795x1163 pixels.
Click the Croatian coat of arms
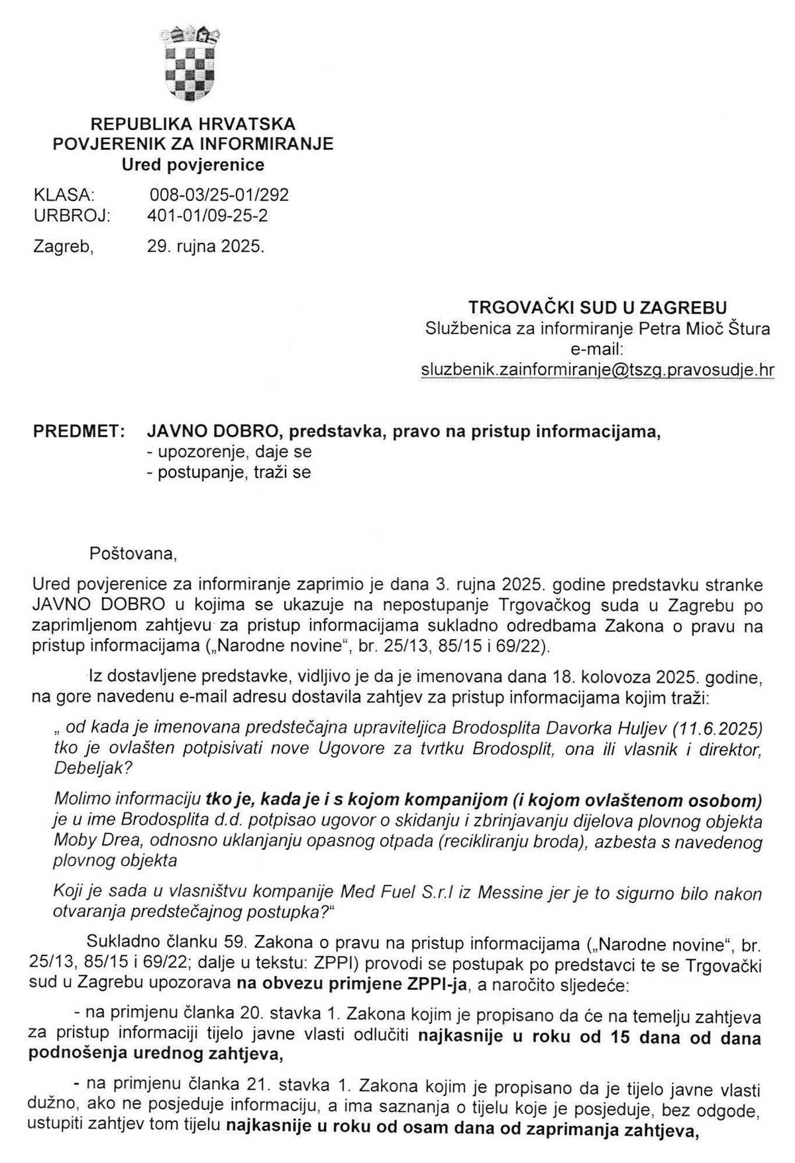(x=191, y=63)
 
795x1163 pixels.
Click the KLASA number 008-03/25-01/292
(x=219, y=195)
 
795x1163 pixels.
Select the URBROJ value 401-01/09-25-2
(x=207, y=215)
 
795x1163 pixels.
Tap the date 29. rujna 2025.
(x=205, y=247)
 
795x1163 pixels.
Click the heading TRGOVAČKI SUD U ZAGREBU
(x=598, y=308)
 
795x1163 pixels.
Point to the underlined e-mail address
(x=598, y=370)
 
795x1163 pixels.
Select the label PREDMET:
(x=79, y=432)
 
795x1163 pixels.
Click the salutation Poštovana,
(x=133, y=553)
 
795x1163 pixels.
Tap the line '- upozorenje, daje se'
(x=229, y=452)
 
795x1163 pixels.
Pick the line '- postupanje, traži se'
(x=229, y=473)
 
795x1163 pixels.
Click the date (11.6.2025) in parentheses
(x=717, y=729)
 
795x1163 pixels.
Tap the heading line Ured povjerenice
(x=193, y=164)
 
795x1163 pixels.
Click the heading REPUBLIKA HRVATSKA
(x=193, y=124)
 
